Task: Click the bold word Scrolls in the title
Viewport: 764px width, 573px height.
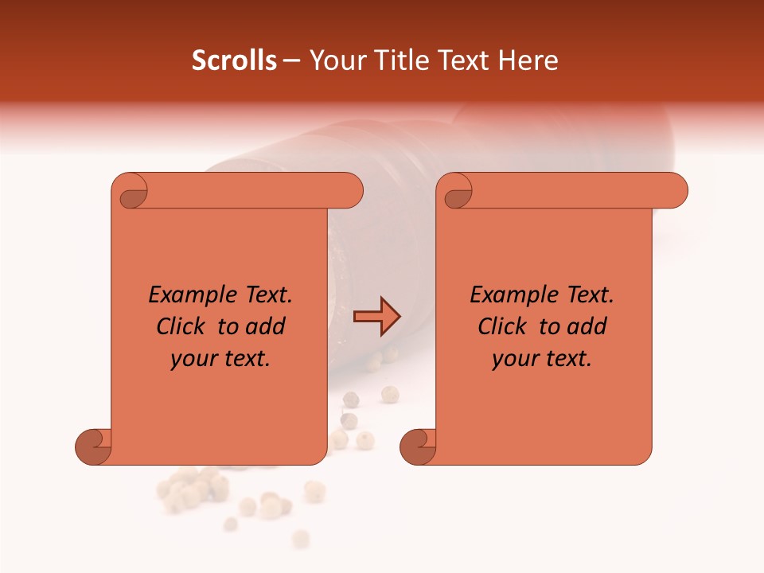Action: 235,60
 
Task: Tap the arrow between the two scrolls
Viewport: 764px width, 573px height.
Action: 376,316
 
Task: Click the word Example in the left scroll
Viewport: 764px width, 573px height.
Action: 185,295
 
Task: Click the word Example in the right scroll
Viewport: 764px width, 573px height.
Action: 507,295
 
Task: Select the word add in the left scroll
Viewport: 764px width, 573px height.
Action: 265,326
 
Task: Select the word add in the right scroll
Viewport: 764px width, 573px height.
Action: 587,326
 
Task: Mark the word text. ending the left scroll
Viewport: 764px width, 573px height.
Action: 246,359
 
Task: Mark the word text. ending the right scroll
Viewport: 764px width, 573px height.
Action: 567,359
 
